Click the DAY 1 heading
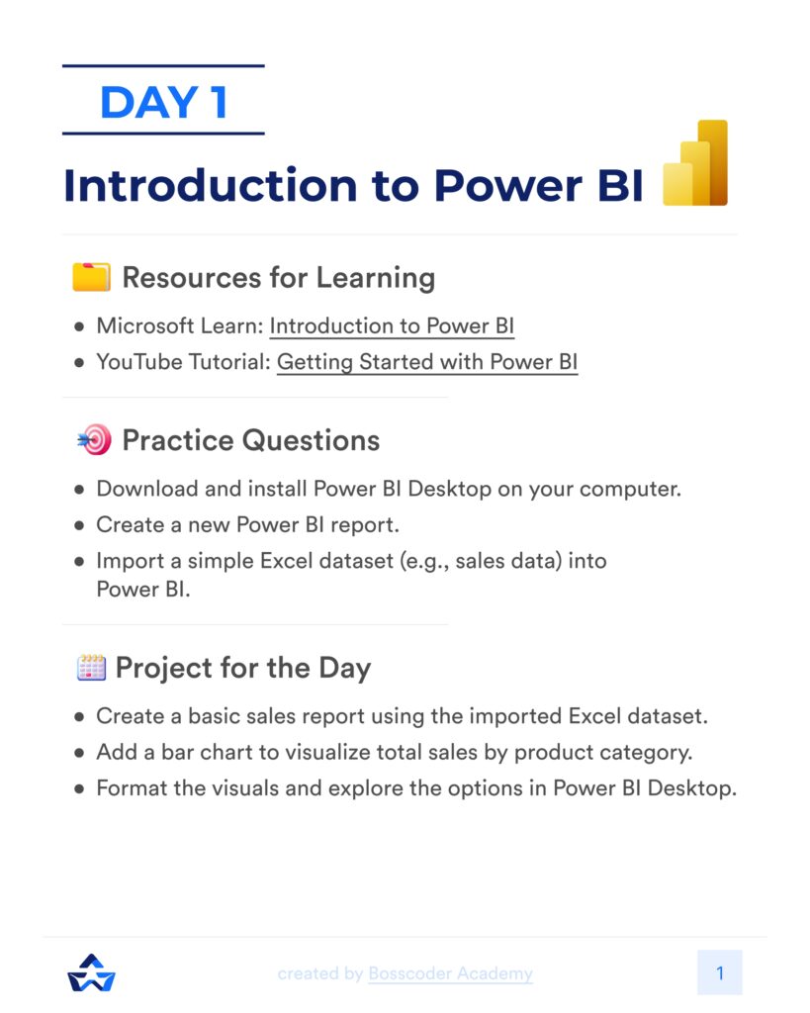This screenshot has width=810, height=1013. point(163,102)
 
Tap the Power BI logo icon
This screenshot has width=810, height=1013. point(695,163)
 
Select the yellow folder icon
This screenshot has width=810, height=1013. point(91,277)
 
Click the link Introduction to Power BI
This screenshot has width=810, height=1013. point(392,326)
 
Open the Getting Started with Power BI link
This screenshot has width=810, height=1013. point(426,362)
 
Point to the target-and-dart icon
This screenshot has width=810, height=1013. point(93,440)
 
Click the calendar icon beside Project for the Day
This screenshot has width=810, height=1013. point(91,668)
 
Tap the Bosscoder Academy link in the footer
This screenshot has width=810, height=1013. point(450,973)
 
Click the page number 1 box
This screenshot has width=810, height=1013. point(719,972)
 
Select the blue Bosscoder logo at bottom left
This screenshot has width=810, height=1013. point(91,972)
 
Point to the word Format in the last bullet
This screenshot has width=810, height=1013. point(129,789)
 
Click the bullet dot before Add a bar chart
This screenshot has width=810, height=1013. point(79,754)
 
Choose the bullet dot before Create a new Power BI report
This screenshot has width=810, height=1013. point(79,525)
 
